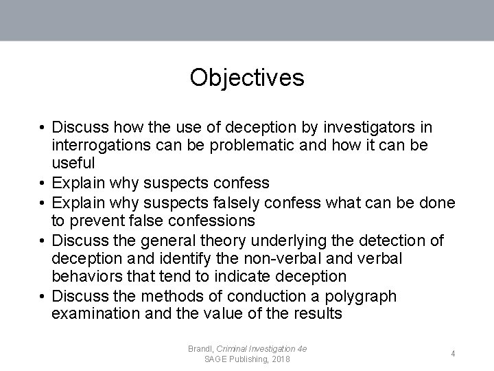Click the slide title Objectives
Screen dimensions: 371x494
click(x=247, y=77)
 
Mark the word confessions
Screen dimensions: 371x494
click(x=211, y=221)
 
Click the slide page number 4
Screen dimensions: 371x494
click(x=454, y=354)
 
